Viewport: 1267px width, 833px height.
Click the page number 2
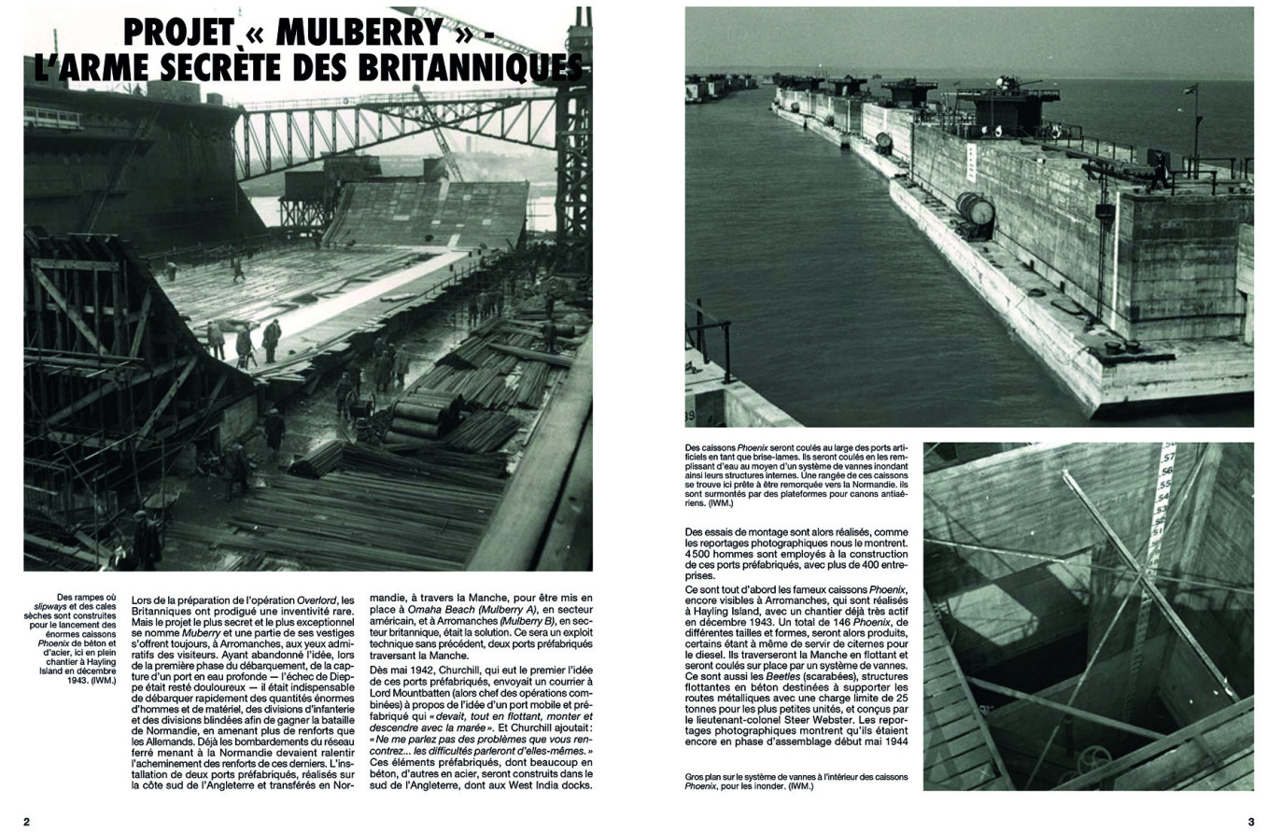27,822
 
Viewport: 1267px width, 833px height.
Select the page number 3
1250,822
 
